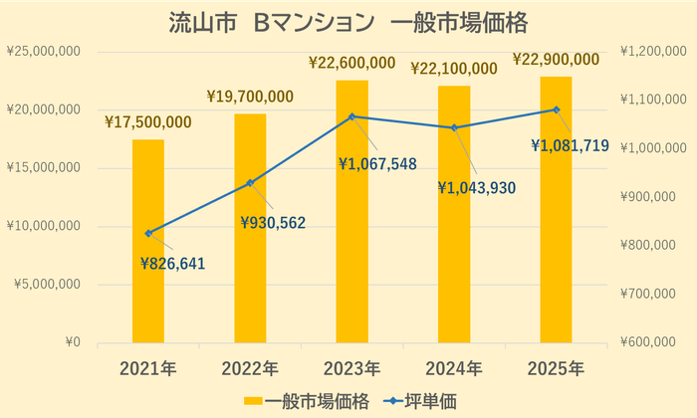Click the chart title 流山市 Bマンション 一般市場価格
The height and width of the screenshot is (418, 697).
[x=348, y=21]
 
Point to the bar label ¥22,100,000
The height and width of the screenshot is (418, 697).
[x=454, y=68]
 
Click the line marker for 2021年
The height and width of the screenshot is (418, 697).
[x=148, y=233]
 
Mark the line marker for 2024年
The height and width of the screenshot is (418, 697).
[x=454, y=127]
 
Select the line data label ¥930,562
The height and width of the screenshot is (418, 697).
[x=272, y=221]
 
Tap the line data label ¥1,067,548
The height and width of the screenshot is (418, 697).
[x=376, y=163]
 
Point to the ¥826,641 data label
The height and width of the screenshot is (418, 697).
[x=177, y=263]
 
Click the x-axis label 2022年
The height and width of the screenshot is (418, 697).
[x=250, y=368]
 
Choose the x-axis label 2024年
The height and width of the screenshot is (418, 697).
[x=454, y=368]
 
